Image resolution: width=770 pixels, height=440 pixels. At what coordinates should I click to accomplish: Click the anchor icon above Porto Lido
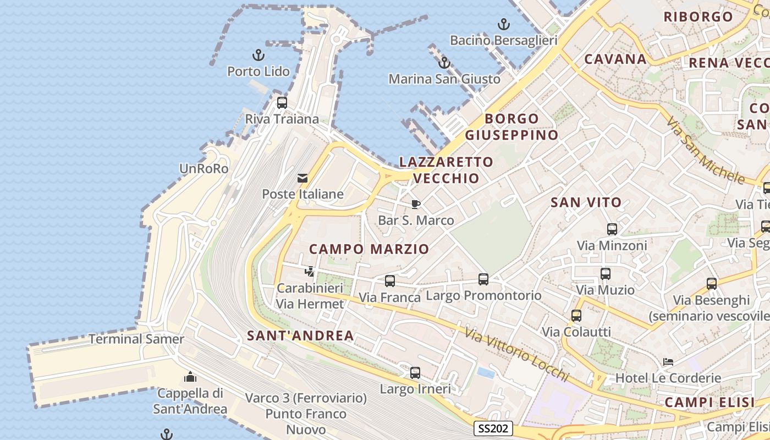258,54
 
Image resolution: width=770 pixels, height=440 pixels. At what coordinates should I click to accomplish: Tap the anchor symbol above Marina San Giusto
444,63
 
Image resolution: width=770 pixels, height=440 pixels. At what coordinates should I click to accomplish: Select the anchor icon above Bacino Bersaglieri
503,24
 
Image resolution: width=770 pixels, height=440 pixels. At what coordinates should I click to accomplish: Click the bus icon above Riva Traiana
282,102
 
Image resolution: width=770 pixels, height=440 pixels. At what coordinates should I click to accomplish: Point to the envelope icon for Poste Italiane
302,178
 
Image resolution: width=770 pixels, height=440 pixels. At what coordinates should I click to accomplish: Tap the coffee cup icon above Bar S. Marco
416,205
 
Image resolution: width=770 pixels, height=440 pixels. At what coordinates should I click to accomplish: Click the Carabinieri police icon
309,271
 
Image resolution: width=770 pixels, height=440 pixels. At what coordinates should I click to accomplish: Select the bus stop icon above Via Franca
390,281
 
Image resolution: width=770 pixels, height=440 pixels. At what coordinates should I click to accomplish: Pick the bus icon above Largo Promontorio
483,279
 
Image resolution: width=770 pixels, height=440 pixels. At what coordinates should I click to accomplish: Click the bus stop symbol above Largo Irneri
415,373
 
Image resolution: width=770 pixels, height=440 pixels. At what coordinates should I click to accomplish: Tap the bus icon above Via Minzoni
612,229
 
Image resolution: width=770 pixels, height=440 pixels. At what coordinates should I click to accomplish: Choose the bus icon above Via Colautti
576,316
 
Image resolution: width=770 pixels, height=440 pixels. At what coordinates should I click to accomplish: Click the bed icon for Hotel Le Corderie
668,362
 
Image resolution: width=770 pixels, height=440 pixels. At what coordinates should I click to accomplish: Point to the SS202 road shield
493,428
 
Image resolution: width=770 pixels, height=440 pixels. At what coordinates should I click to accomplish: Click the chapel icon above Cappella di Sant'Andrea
190,377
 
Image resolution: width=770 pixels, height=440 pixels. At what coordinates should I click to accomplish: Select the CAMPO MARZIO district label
369,249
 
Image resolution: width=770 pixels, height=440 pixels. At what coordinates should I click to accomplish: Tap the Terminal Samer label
136,339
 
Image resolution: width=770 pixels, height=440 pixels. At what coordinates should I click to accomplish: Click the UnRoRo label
204,169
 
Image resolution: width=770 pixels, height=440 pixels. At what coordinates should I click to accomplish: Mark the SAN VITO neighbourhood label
586,202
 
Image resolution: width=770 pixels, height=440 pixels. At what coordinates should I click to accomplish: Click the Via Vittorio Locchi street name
516,354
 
